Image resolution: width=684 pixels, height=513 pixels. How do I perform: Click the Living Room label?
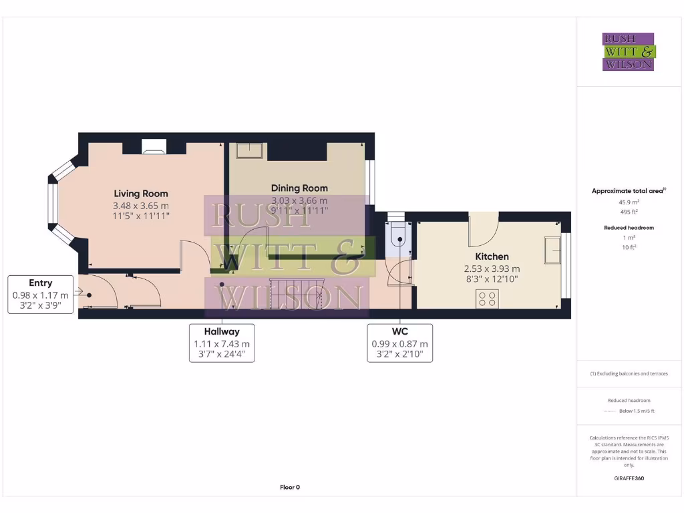141,194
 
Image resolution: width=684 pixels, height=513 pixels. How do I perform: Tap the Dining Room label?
299,188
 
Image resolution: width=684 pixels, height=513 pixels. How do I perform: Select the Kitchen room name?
492,256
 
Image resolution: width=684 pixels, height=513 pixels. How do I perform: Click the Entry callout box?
41,295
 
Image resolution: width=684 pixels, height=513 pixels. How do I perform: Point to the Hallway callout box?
222,343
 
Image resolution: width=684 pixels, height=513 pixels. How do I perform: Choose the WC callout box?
399,343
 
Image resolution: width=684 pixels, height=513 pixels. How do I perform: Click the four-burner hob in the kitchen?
487,298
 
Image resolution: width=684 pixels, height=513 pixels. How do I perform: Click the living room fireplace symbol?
154,146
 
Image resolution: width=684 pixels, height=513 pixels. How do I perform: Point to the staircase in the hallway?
296,293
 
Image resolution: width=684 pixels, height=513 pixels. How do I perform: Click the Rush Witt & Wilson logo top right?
628,52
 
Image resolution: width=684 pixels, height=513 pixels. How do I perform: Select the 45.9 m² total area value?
627,202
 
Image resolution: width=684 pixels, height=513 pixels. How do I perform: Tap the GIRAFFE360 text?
628,478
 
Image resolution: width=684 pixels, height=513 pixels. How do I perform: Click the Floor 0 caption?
290,487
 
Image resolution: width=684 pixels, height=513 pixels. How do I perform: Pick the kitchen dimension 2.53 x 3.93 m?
492,269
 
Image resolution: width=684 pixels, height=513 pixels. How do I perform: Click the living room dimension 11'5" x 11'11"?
141,216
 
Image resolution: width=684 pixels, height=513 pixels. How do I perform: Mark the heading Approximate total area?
627,191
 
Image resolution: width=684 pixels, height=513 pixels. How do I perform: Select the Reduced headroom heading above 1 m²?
628,228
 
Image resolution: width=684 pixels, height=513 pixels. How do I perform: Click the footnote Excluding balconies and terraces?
628,373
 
